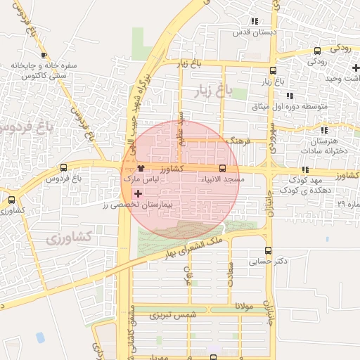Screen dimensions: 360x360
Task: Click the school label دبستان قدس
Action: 257,32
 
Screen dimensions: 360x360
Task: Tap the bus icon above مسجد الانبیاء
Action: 222,168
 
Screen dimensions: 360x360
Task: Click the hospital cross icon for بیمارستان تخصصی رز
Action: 138,193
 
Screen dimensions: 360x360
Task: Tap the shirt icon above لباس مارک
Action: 141,169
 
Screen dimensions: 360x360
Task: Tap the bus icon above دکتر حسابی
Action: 267,250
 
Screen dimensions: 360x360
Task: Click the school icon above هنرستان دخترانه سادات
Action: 323,130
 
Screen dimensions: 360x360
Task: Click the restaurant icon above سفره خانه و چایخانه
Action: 44,55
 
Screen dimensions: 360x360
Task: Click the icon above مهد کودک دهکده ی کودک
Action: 305,169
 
